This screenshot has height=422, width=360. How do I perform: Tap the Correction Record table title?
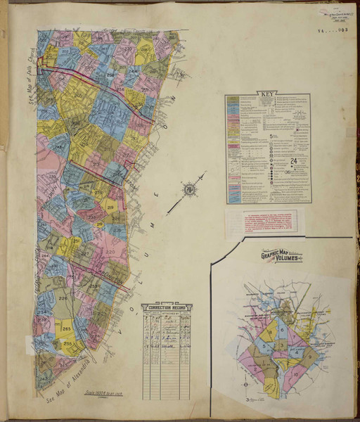coord(167,307)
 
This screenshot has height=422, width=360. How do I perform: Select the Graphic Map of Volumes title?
coord(282,257)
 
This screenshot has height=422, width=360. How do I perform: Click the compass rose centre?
coord(188,189)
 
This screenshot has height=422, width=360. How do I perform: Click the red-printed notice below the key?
coord(259,222)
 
